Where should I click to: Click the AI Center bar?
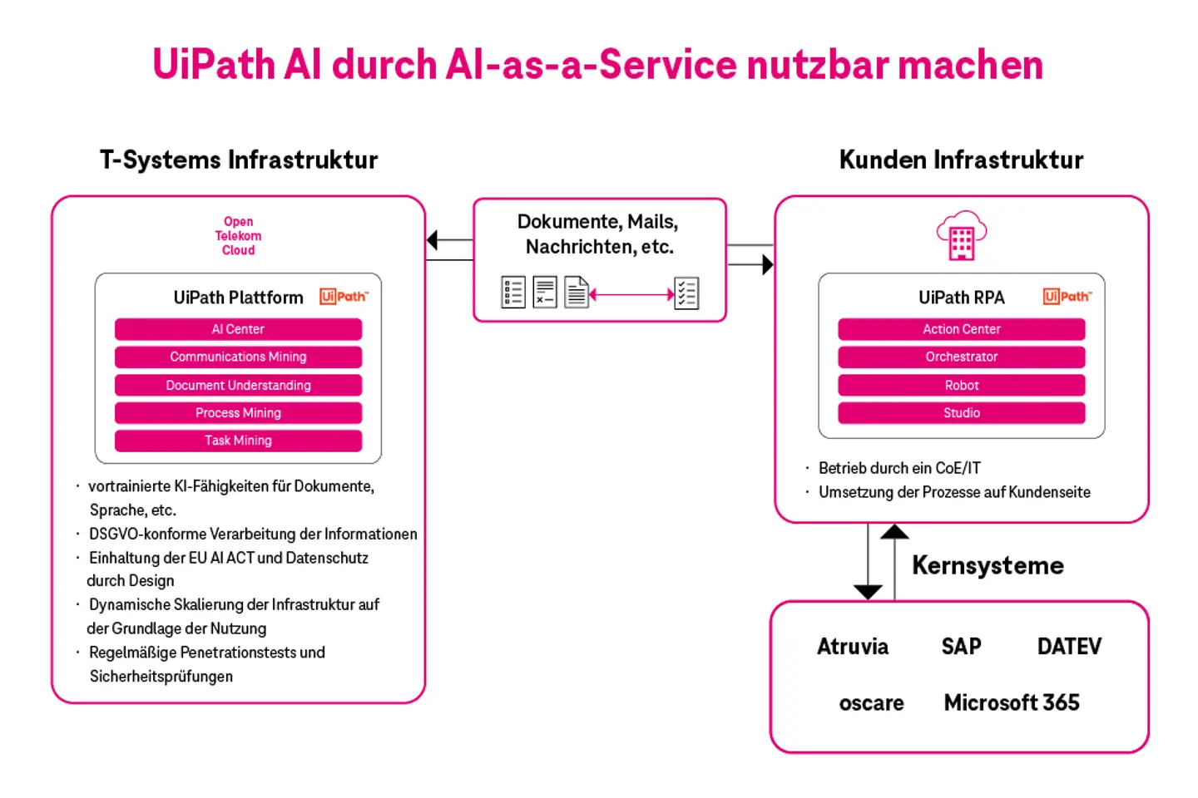coord(238,329)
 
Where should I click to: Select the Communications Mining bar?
coord(238,357)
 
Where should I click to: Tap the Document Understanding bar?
coord(238,385)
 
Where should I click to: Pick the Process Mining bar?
coord(238,412)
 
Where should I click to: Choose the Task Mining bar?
coord(238,441)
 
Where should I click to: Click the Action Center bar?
coord(961,329)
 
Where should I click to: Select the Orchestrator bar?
coord(961,357)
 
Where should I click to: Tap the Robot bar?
coord(961,385)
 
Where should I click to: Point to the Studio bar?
coord(961,412)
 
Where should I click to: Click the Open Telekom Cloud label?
coord(238,236)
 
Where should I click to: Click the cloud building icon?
coord(961,236)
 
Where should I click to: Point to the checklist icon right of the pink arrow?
coord(686,293)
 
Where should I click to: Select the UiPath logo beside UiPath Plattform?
coord(344,297)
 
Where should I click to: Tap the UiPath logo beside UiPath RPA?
coord(1067,297)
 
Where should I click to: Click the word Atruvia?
coord(852,647)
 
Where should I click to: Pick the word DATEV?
coord(1069,647)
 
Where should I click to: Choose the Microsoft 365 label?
coord(1012,703)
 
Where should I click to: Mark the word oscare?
coord(871,703)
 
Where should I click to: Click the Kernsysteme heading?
coord(988,566)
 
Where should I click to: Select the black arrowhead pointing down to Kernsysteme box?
coord(868,591)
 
